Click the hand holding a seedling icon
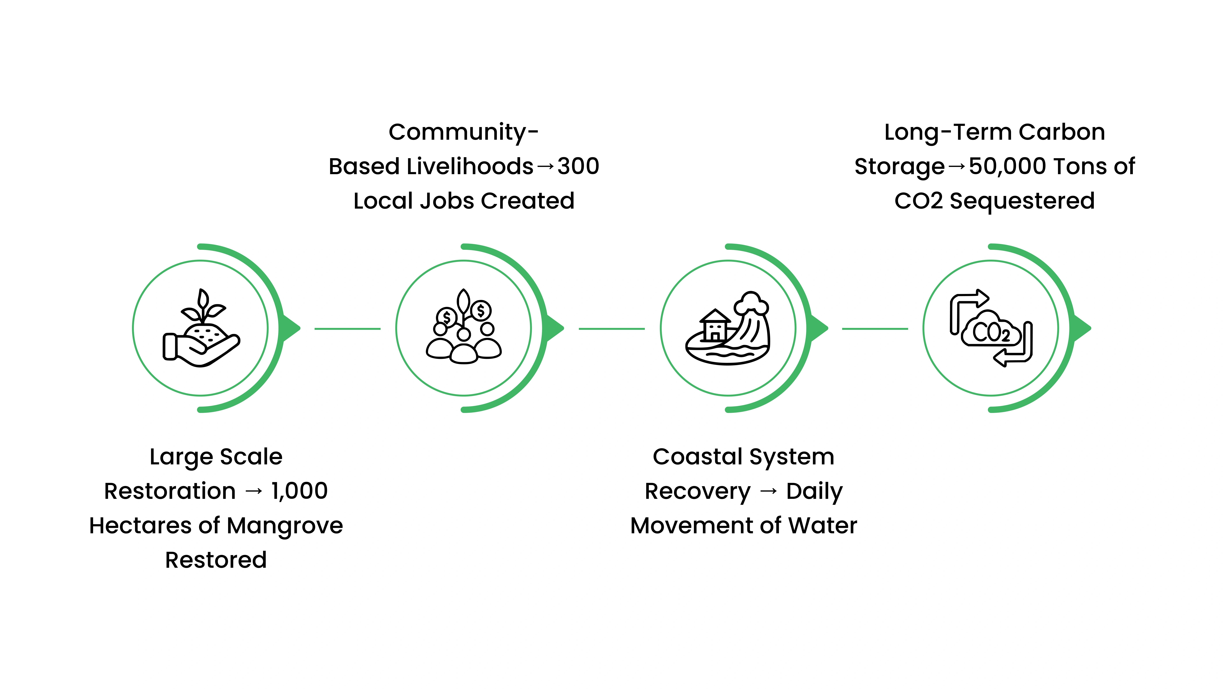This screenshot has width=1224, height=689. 201,328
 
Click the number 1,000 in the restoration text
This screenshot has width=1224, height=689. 299,491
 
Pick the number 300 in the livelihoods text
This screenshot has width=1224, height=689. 578,166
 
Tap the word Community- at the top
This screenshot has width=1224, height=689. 463,132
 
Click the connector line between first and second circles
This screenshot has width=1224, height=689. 347,329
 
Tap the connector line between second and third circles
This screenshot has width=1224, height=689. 612,329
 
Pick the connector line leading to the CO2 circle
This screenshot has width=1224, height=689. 875,329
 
